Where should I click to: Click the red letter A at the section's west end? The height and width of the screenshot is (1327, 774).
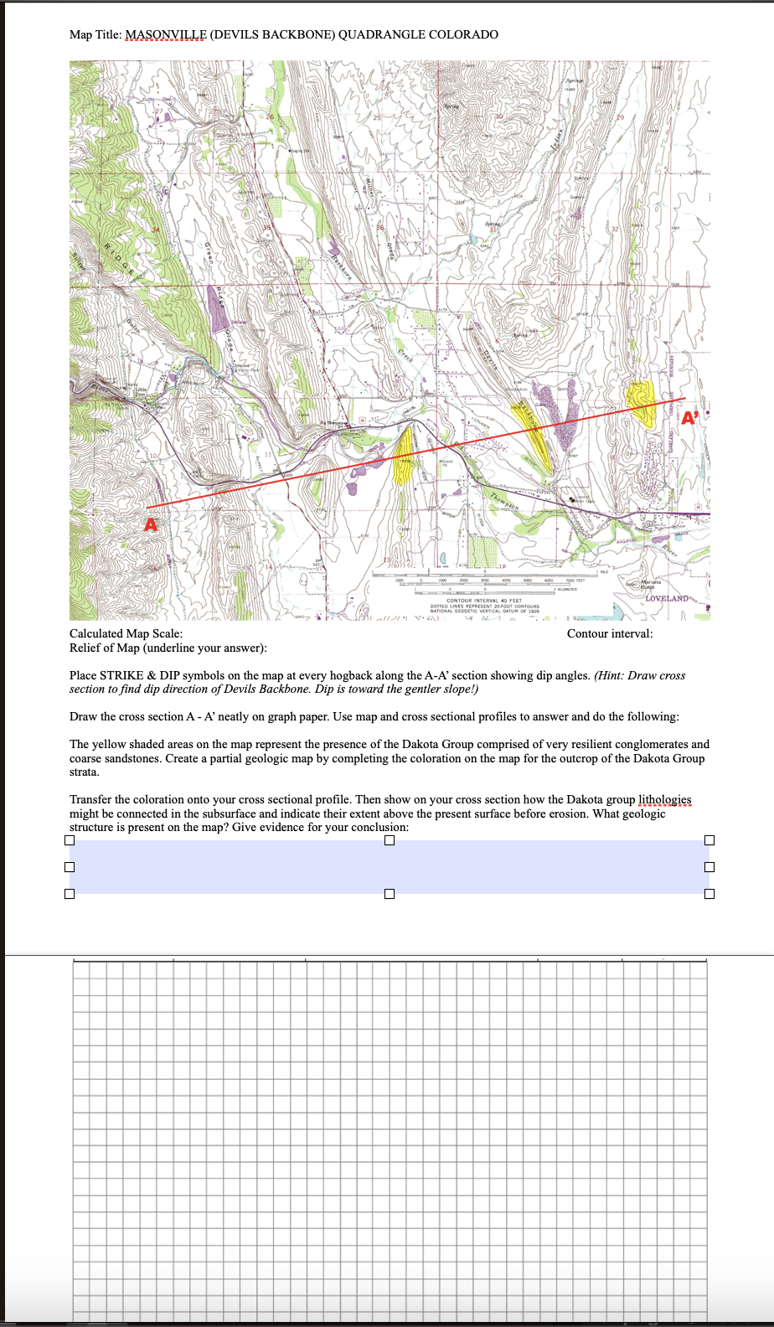(151, 525)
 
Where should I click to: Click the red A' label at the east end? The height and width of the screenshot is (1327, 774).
(689, 418)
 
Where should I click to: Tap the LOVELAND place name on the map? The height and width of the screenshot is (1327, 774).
(667, 598)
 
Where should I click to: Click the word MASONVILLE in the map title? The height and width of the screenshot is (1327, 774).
(165, 34)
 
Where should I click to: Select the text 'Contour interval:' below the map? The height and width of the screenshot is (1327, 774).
(609, 633)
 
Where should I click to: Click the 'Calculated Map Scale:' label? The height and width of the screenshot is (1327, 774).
(126, 633)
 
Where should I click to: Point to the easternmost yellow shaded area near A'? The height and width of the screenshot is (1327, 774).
(642, 400)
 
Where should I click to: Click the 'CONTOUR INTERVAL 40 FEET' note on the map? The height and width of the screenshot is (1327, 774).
(483, 601)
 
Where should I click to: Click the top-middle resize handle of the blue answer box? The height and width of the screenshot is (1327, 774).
(390, 840)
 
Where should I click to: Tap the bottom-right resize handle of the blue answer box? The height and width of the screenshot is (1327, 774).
(709, 894)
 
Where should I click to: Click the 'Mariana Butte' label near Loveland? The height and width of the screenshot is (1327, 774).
(651, 584)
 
